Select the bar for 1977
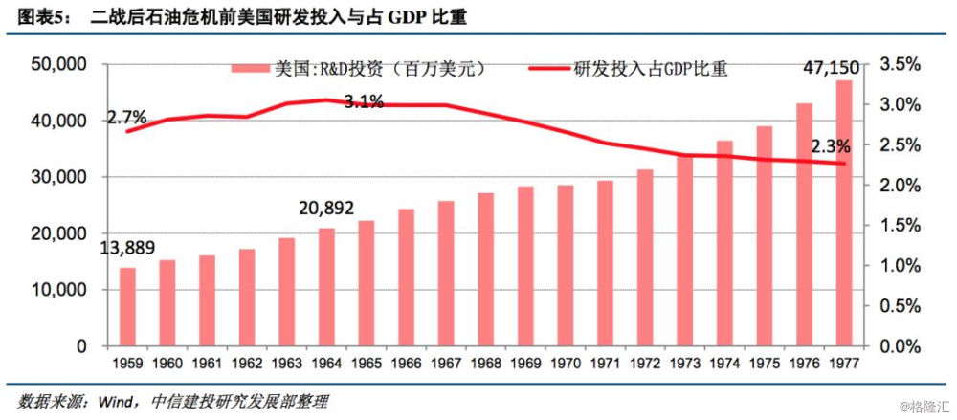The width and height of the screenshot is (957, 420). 843,212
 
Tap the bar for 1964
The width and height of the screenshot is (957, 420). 326,287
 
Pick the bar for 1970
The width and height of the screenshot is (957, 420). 565,265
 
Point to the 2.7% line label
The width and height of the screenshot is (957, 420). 126,118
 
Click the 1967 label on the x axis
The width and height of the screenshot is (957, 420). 446,365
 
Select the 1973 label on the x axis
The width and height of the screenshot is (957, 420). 684,365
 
